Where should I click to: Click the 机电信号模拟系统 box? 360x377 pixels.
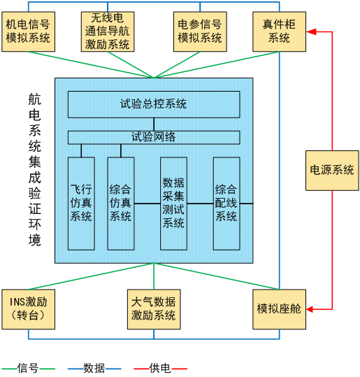[29, 31]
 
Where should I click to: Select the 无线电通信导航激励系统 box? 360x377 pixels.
[108, 31]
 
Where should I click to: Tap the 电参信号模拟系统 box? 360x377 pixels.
[200, 31]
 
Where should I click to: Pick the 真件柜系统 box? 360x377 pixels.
[279, 31]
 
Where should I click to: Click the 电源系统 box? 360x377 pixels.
[332, 171]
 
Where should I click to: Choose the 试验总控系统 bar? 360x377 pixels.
[154, 104]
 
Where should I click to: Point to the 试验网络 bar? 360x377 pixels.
[154, 137]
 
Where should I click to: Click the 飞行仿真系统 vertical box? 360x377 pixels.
[81, 204]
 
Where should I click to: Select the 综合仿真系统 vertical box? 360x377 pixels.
[121, 204]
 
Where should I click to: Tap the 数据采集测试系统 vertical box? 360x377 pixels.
[173, 204]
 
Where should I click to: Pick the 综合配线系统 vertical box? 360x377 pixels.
[226, 204]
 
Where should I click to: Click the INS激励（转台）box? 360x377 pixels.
[29, 309]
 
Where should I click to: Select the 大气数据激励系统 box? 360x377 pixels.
[154, 309]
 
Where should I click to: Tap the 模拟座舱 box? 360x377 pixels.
[279, 309]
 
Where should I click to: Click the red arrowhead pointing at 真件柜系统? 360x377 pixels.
[311, 31]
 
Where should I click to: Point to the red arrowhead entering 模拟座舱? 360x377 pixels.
[311, 309]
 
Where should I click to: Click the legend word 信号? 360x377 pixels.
[28, 368]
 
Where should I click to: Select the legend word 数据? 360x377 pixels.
[94, 368]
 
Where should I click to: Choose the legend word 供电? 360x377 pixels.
[160, 368]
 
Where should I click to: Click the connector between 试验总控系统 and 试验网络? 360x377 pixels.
[154, 125]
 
